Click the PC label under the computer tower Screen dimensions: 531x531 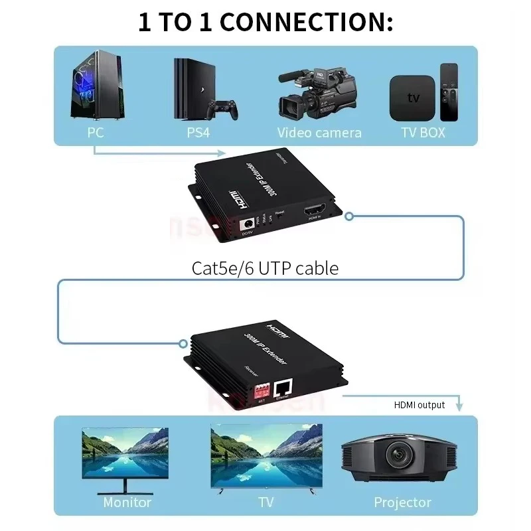96,132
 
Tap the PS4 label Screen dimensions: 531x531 198,132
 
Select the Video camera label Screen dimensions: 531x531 319,132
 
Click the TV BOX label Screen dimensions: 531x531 423,132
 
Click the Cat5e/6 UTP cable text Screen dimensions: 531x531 265,268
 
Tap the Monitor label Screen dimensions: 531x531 127,502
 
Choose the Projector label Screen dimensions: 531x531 402,502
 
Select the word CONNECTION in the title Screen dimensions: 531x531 307,22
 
